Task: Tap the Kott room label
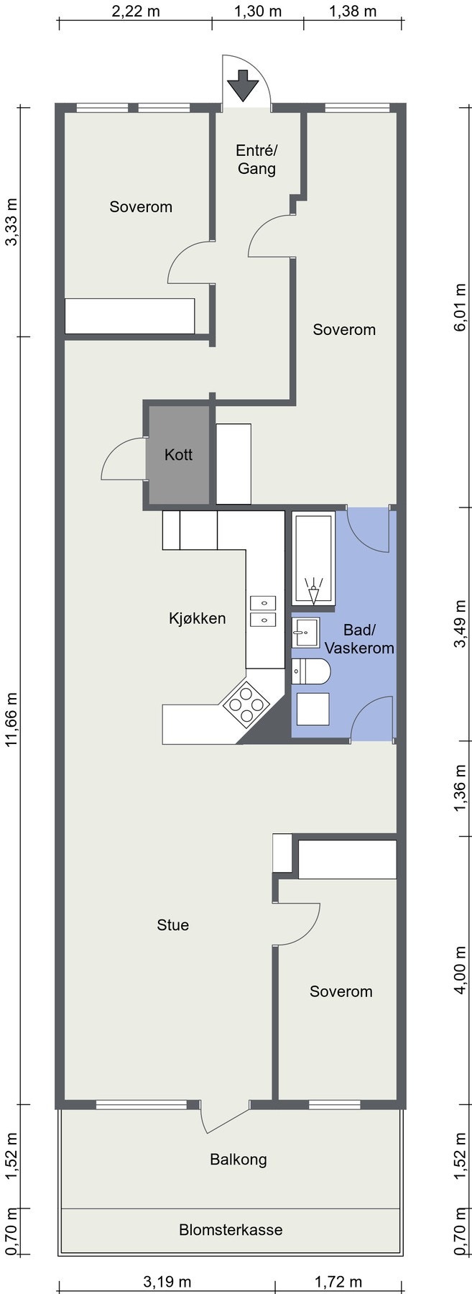pyautogui.click(x=178, y=454)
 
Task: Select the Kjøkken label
pyautogui.click(x=198, y=618)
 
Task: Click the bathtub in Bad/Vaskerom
pyautogui.click(x=313, y=558)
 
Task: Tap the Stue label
pyautogui.click(x=173, y=924)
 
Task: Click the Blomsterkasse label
pyautogui.click(x=231, y=1229)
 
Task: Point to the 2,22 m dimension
pyautogui.click(x=135, y=12)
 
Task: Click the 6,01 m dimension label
pyautogui.click(x=461, y=306)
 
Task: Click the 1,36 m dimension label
pyautogui.click(x=461, y=789)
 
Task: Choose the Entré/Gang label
pyautogui.click(x=256, y=160)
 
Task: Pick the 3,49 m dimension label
pyautogui.click(x=461, y=623)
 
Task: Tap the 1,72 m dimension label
pyautogui.click(x=338, y=1281)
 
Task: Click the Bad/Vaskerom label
pyautogui.click(x=359, y=639)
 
